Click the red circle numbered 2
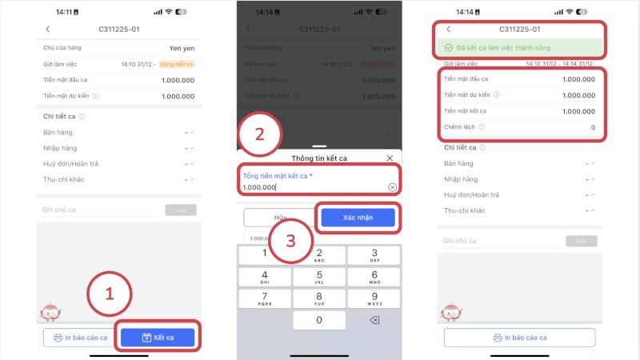(260, 134)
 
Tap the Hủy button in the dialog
(280, 218)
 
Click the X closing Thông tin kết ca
(390, 158)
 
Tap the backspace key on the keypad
(374, 320)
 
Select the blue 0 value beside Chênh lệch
(593, 127)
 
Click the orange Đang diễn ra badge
(177, 64)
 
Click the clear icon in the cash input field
(392, 187)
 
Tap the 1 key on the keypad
(265, 254)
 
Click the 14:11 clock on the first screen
(58, 12)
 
